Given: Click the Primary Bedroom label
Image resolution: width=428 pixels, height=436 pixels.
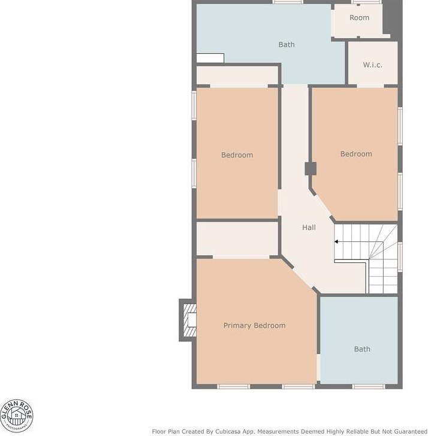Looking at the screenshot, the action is coord(254,326).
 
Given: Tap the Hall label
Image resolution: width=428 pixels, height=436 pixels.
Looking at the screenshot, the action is coord(309,228).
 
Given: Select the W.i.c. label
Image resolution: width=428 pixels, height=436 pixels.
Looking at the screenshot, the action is coord(372,65).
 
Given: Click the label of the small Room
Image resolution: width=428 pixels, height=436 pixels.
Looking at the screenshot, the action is coord(359,17).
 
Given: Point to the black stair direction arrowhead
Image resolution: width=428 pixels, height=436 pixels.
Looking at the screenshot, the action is coord(336,241).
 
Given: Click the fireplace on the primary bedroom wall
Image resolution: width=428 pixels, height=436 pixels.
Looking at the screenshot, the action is coord(188,320).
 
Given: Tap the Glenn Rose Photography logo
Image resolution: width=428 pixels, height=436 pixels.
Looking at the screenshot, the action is coord(16,416).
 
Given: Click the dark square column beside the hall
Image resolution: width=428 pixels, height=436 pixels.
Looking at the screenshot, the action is coord(311,168).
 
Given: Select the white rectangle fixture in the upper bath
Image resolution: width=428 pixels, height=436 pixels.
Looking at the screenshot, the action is coord(210,58).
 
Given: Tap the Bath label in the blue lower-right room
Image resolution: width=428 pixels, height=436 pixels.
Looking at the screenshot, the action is coord(362,349).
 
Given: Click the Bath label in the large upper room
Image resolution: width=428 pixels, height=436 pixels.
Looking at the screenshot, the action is coord(287,44).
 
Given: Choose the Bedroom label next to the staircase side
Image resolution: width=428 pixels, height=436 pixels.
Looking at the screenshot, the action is coord(356,154).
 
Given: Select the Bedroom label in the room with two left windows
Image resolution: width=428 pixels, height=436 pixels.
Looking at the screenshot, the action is coord(237,155).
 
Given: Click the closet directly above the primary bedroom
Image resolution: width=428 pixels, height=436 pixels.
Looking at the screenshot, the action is coord(237,238).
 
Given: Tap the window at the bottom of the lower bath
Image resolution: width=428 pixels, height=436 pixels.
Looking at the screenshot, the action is coord(369,386).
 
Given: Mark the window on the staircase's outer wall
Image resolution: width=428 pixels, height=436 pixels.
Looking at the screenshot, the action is coord(400,257).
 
